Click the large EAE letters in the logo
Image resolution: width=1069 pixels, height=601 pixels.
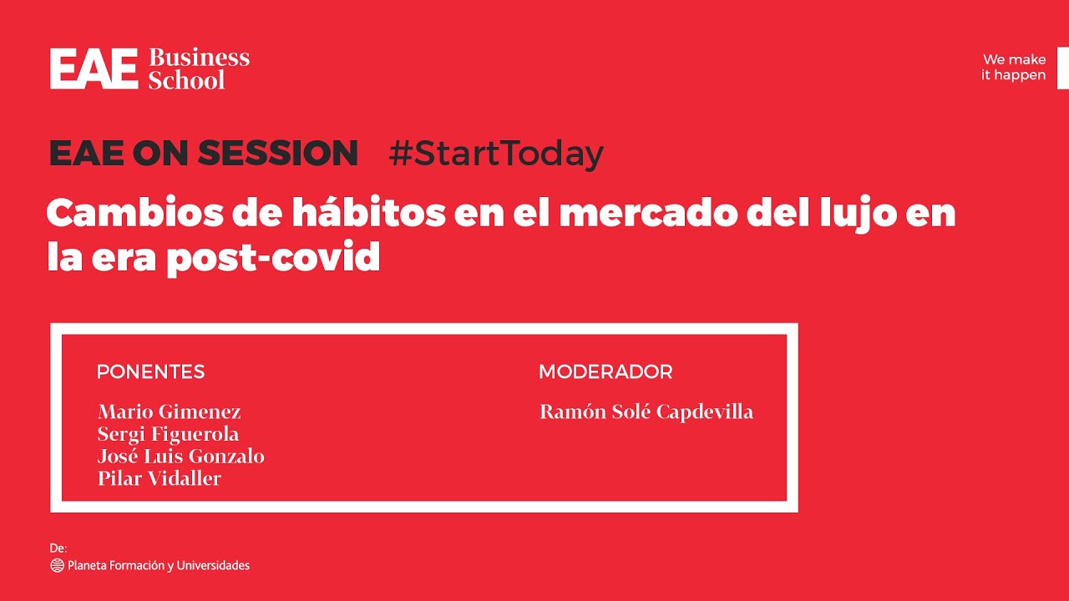94,68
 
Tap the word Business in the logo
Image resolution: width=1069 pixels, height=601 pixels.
199,58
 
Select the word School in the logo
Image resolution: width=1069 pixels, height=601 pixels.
186,79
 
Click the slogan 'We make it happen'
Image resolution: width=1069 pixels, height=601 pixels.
1014,68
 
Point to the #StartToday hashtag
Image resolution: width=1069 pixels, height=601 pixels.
496,154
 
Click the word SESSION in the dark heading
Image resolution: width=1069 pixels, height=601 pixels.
278,153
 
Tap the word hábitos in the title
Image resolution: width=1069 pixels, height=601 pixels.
369,212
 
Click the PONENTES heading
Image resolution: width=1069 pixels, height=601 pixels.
151,371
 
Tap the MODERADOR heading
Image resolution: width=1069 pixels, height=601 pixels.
605,371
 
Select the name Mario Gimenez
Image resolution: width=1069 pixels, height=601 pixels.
170,412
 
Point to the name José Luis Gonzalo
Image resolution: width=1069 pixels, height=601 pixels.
181,457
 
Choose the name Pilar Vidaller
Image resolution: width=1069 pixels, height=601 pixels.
160,478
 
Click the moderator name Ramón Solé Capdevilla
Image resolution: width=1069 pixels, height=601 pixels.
646,412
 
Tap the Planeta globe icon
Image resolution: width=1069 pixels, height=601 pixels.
58,565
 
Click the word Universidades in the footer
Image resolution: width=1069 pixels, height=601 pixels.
213,565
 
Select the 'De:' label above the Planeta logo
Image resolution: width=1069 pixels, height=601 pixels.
58,548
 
